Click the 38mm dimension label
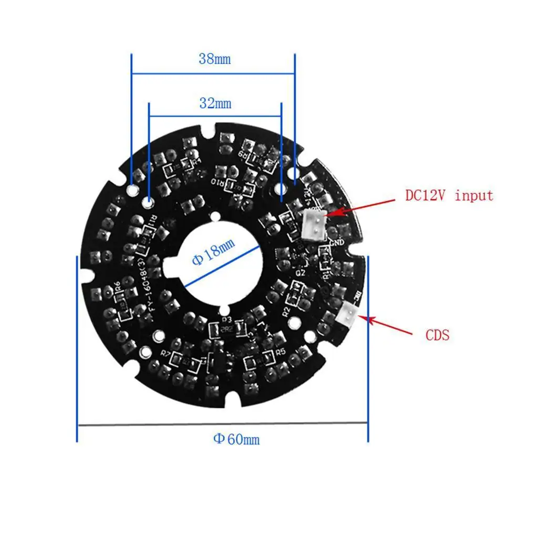214,59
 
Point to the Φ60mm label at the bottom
236,439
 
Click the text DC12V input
449,196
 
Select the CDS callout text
437,335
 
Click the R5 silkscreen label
280,352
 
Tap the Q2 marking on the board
301,273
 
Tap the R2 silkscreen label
286,311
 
